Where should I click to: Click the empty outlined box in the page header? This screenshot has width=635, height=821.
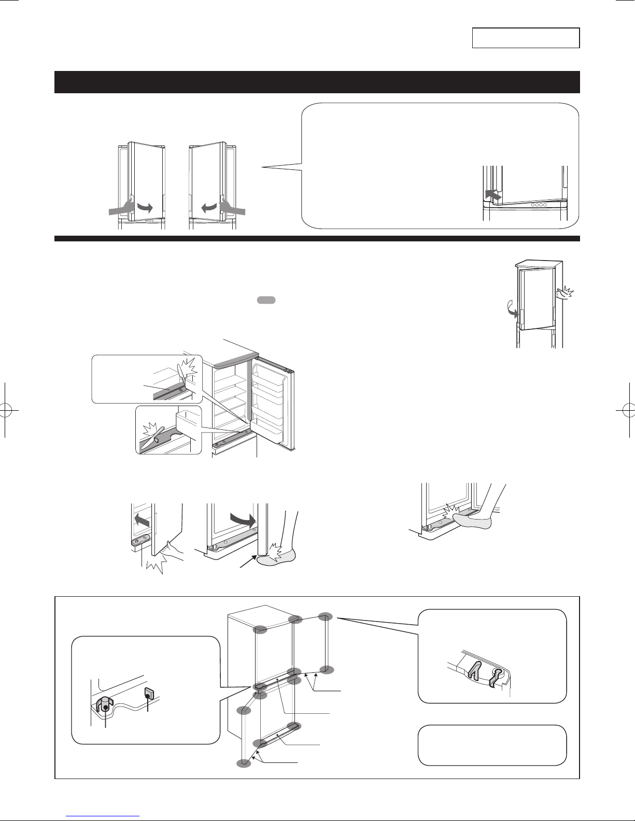[526, 38]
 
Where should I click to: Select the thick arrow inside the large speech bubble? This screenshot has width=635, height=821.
[493, 195]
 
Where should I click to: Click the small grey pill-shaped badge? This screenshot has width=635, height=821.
[265, 300]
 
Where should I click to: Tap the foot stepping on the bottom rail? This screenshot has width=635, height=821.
[472, 521]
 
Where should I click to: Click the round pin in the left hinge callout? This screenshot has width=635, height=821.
[106, 706]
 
